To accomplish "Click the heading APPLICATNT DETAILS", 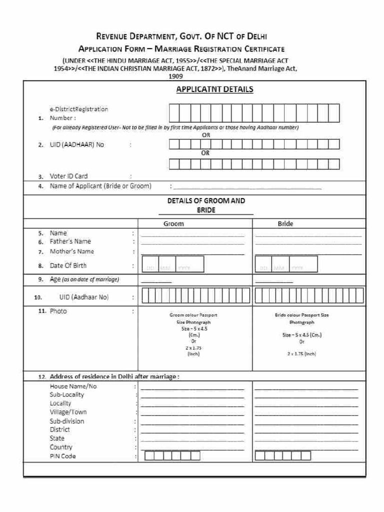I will click(214, 89).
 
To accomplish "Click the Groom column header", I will click(173, 223).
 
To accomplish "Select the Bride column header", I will click(285, 223).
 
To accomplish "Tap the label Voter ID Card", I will click(68, 176).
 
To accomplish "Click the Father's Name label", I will click(70, 241).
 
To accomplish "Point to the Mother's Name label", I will click(71, 251).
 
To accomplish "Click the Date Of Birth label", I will click(68, 265).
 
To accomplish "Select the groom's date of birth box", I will click(173, 264).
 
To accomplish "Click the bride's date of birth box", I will click(286, 264).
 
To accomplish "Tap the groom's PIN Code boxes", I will click(171, 455).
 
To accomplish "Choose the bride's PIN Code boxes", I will click(283, 455).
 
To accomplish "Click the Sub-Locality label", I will click(67, 394).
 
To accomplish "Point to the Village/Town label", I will click(68, 412).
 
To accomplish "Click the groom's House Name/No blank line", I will click(192, 388).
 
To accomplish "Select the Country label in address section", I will click(61, 447).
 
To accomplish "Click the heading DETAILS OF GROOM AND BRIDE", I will click(206, 205).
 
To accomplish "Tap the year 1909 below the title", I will click(175, 76).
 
